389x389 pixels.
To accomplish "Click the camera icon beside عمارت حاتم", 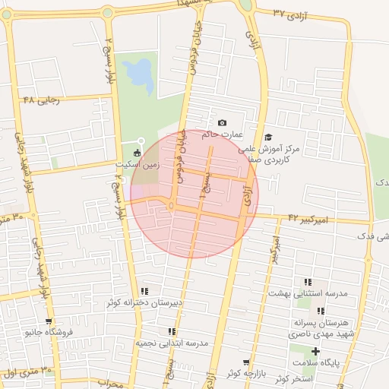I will (x=222, y=123).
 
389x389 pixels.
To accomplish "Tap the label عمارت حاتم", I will (x=226, y=134).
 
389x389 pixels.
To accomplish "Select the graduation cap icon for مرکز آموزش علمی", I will (x=268, y=138).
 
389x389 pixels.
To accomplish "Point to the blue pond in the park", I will (x=138, y=74).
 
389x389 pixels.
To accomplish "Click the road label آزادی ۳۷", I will (x=289, y=14).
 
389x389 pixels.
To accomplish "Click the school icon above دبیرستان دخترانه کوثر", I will (x=144, y=291).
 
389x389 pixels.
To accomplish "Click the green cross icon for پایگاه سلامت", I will (x=315, y=351).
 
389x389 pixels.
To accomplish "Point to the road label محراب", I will (x=110, y=384).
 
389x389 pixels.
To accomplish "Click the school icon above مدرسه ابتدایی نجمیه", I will (x=172, y=332).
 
